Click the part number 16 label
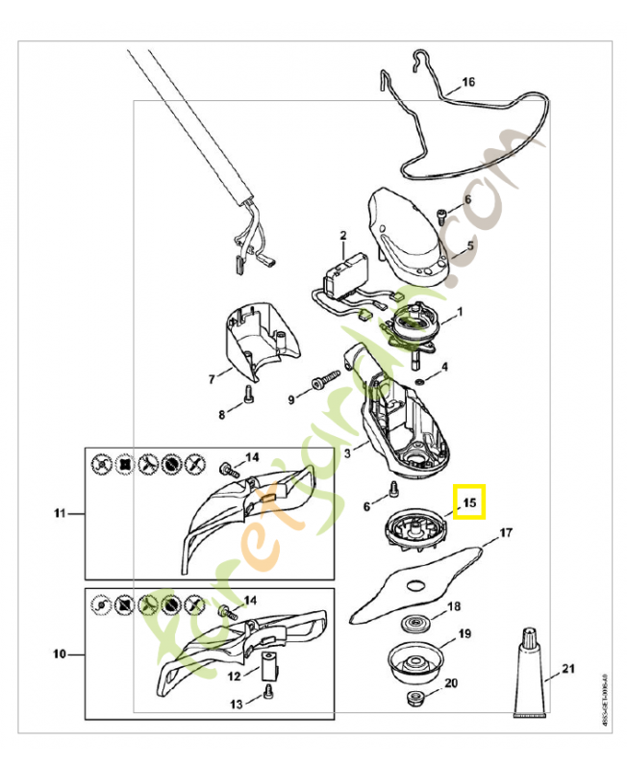[468, 83]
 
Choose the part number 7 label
[212, 379]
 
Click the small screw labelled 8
[249, 393]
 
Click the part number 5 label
[470, 246]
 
